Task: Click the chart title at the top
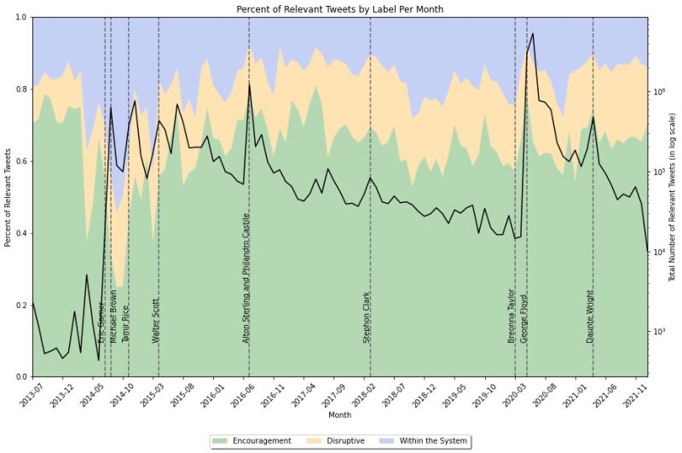(x=340, y=9)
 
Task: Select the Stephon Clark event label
(x=367, y=317)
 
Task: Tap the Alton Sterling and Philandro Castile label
(x=246, y=278)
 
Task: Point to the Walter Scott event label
(x=156, y=320)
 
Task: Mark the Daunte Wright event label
(x=590, y=317)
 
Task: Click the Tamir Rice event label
(x=126, y=322)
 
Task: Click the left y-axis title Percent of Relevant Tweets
(x=8, y=197)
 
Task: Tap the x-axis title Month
(x=339, y=415)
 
